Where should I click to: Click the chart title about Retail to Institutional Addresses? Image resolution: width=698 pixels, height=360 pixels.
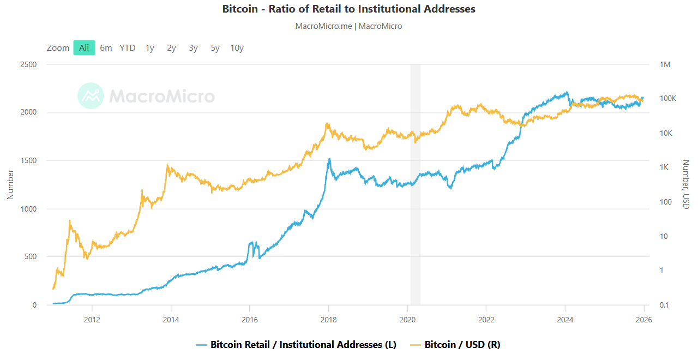[x=349, y=9]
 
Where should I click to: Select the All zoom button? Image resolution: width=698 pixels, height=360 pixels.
[x=84, y=48]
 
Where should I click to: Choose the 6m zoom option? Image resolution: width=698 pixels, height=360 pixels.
[x=106, y=48]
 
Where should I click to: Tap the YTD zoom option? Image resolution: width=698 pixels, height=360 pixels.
[x=128, y=48]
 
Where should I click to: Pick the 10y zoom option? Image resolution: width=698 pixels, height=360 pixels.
[x=237, y=48]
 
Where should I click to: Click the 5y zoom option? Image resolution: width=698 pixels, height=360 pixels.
[x=215, y=48]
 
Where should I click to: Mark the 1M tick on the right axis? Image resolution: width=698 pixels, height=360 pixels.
[x=665, y=65]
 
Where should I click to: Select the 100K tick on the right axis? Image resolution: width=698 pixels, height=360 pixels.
[x=667, y=99]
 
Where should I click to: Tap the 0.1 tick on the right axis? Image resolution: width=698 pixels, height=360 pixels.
[x=664, y=305]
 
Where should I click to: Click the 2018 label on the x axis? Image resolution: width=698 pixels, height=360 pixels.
[x=328, y=319]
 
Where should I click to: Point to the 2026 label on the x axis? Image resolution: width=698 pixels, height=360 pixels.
[x=643, y=319]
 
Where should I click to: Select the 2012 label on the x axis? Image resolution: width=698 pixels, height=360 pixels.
[x=92, y=319]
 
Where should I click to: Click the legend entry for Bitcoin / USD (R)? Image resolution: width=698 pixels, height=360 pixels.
[x=462, y=345]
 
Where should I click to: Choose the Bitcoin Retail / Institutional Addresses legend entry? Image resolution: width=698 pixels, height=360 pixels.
[x=303, y=345]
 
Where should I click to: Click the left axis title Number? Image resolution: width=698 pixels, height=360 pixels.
[x=10, y=184]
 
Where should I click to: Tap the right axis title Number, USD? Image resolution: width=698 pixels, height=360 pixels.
[x=686, y=184]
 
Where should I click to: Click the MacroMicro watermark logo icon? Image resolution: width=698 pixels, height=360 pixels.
[x=91, y=96]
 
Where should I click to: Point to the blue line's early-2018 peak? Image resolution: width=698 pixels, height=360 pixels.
[x=329, y=159]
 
